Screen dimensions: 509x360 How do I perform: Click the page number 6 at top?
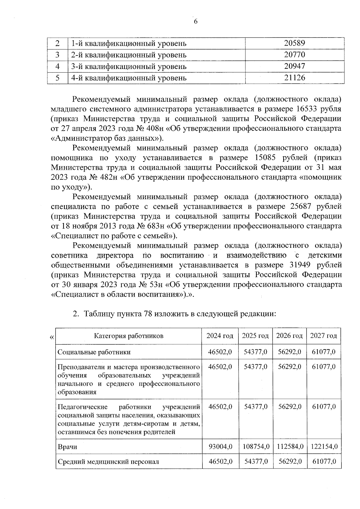[196, 21]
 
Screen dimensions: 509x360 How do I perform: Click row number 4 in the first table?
[58, 66]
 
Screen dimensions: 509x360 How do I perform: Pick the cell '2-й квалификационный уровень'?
[129, 55]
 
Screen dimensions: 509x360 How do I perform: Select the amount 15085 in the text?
[265, 157]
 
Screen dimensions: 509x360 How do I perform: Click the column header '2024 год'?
[220, 336]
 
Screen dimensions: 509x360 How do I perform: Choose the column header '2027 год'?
[323, 336]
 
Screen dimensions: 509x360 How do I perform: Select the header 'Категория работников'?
[129, 336]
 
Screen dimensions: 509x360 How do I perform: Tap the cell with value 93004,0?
[220, 447]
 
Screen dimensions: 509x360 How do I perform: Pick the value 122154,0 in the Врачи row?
[324, 447]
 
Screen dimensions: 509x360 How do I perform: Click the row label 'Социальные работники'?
[94, 352]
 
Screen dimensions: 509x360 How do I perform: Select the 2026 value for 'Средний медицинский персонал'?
[289, 462]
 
